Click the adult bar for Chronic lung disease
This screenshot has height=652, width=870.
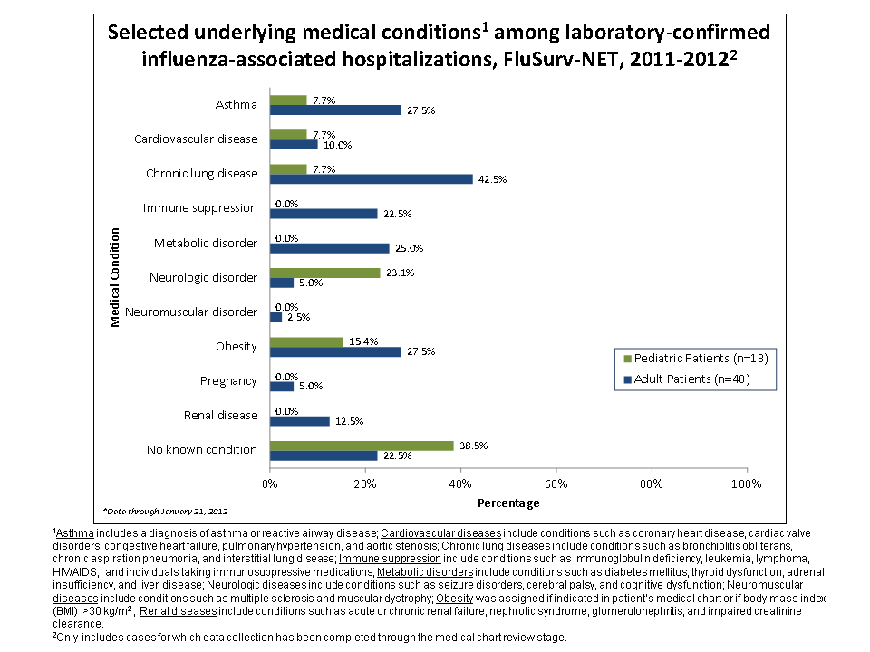tap(372, 179)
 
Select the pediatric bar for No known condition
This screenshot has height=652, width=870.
tap(362, 445)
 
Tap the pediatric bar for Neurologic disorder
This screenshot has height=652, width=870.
tap(324, 272)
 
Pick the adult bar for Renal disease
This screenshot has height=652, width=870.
tap(300, 421)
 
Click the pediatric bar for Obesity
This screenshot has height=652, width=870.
tap(306, 341)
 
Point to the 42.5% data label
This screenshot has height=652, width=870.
tap(493, 179)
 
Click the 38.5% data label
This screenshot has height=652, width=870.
tap(475, 446)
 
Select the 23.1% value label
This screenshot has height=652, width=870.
tap(400, 272)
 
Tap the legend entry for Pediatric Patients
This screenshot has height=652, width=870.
tap(695, 358)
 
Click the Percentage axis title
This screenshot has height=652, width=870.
tap(507, 503)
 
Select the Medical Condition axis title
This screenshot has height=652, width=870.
tap(115, 278)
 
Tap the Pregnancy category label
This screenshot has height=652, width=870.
tap(228, 381)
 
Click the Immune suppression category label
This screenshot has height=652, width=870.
tap(200, 208)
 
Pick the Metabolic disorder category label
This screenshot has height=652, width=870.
tap(206, 244)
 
